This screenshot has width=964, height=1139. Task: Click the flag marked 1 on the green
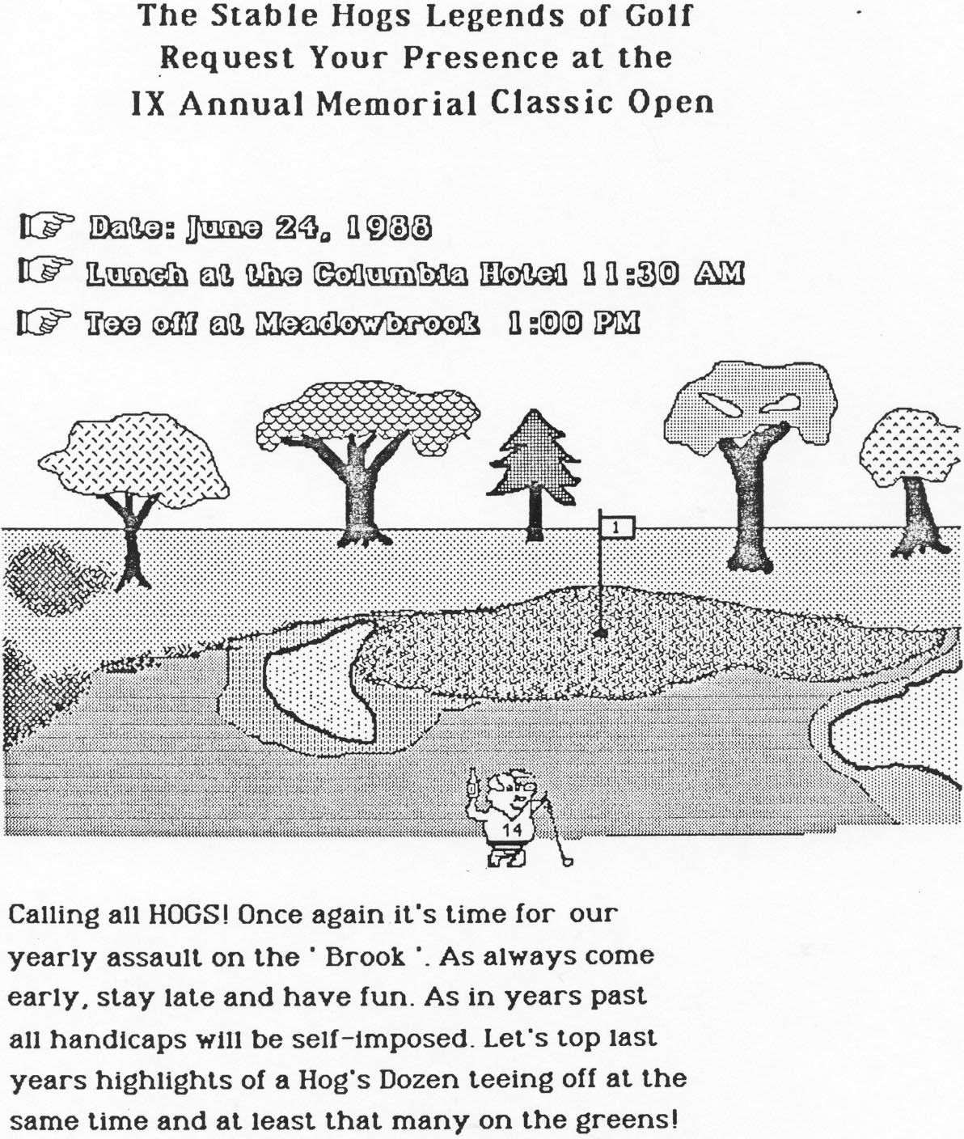pos(616,527)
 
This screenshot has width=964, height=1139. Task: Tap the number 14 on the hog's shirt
pos(512,830)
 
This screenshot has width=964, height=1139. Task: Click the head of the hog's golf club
pos(567,860)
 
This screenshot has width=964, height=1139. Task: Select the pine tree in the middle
pos(533,474)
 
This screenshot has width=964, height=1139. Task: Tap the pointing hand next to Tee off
pos(44,322)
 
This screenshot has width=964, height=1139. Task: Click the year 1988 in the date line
pos(390,227)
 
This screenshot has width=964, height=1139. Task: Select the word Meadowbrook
pos(367,323)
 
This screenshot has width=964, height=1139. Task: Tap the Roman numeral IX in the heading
pos(148,104)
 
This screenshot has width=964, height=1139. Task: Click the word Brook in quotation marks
pos(366,957)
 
